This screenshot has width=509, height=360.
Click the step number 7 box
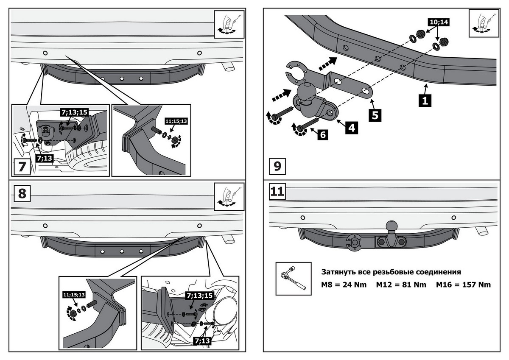(22, 166)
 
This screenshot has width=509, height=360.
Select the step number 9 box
(277, 165)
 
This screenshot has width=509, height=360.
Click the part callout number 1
(425, 100)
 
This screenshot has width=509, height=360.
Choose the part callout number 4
(351, 126)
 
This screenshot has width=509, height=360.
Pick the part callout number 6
(322, 135)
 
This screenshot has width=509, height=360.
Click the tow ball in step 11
(391, 226)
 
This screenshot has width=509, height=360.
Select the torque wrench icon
(291, 278)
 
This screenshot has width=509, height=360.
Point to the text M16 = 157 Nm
(463, 285)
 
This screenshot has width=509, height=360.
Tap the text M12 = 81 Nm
(401, 285)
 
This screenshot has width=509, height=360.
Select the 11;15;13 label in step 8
(74, 295)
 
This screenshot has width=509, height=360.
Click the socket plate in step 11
(353, 242)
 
